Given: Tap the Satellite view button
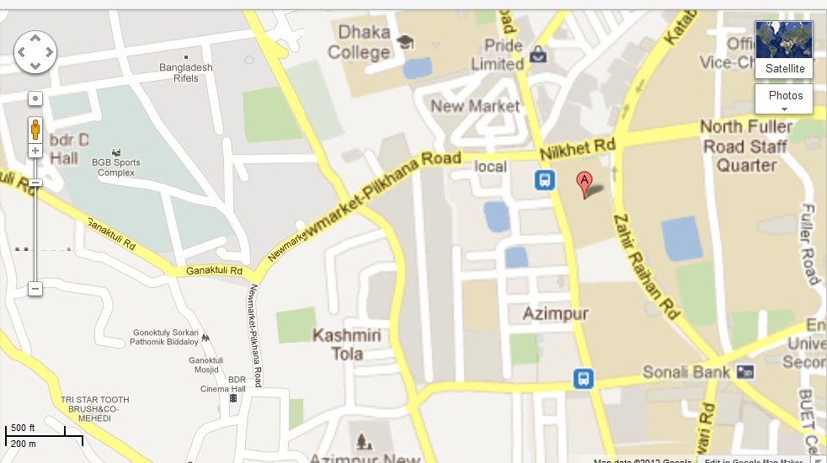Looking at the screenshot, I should point(784,51).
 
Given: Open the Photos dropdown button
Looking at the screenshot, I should point(784,98).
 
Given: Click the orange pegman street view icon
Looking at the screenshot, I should point(35,130).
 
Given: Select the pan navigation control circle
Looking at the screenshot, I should point(35,52).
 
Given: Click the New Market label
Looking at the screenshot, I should point(475,106).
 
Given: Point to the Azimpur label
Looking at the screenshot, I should point(555,314).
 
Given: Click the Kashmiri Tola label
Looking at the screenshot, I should point(347,344).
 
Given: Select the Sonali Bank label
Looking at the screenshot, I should point(685,371).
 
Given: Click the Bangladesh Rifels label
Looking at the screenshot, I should point(186,72).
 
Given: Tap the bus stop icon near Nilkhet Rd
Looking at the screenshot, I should point(545,179).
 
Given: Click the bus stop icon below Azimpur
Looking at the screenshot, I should point(583,379).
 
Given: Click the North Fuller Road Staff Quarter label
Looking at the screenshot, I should point(746,146).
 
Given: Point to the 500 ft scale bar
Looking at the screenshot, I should point(44,434).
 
